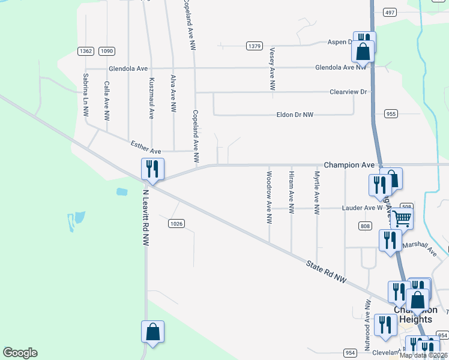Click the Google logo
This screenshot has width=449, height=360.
tap(20, 353)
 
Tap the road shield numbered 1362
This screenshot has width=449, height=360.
tap(85, 51)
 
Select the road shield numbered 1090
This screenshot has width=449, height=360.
tap(107, 51)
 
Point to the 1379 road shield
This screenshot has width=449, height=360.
tap(255, 46)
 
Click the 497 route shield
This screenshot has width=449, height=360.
tap(390, 13)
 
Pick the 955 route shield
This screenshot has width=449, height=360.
tap(391, 113)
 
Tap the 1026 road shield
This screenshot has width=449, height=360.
tap(176, 224)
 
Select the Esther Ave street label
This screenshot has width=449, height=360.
tap(146, 146)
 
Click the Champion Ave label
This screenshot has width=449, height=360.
tap(349, 164)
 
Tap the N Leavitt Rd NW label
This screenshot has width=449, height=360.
tap(145, 218)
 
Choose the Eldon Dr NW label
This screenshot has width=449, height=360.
tap(295, 114)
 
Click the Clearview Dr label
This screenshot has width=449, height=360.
tap(348, 92)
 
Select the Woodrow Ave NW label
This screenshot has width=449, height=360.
tap(269, 197)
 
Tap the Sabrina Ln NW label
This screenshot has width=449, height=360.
tap(86, 95)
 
